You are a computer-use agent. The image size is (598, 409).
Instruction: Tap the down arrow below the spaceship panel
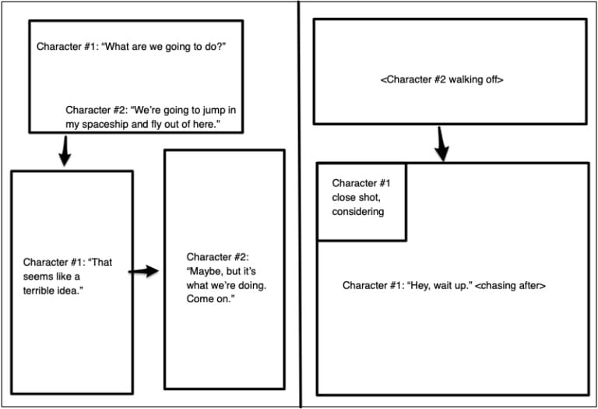65,150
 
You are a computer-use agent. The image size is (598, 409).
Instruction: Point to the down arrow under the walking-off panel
442,143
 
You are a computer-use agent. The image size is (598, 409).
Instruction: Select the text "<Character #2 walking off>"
441,79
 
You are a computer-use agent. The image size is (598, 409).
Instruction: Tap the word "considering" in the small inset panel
357,212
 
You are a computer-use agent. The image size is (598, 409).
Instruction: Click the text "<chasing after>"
510,286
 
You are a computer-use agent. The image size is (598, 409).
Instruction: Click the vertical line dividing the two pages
300,204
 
